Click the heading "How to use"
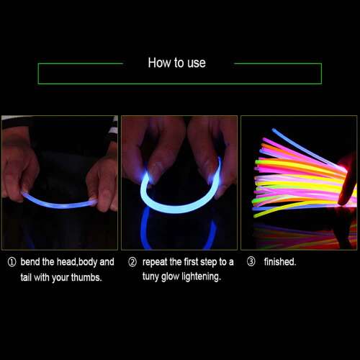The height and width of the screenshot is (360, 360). point(177,63)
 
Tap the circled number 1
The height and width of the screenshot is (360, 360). point(12,262)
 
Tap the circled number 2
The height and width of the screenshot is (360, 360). point(132,262)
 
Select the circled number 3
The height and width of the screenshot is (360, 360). point(251,261)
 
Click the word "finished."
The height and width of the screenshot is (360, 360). point(280,261)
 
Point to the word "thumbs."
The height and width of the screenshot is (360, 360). point(86,277)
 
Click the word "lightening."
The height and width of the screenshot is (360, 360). point(201,276)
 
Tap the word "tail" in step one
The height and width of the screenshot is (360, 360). point(26,277)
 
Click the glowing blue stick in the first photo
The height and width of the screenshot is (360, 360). point(60,201)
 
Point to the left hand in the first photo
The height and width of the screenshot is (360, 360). point(19,168)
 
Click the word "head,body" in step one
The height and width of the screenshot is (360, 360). point(77,262)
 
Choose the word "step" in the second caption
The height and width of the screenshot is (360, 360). point(209,262)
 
